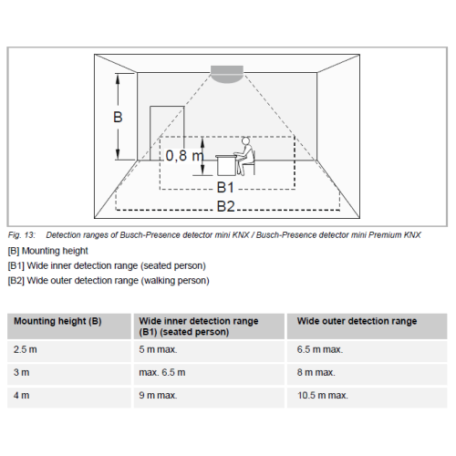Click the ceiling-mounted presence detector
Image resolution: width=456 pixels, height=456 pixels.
[227, 74]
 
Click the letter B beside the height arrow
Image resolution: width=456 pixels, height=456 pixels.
[118, 118]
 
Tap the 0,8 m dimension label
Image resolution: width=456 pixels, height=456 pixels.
[184, 156]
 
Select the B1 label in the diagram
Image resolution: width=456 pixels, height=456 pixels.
[225, 187]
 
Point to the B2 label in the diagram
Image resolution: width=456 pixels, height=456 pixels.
[226, 206]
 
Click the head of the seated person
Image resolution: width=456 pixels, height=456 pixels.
[245, 141]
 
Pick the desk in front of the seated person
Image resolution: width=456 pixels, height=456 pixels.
[226, 165]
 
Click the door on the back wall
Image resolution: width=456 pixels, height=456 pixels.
[167, 133]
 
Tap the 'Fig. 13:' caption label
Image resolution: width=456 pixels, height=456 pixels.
[22, 235]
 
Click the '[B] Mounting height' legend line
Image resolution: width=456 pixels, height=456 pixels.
[48, 251]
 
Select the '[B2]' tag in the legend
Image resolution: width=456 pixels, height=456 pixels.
[16, 281]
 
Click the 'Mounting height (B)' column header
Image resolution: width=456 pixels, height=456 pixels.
[57, 321]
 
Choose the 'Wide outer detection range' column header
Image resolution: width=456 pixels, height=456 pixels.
[357, 321]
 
